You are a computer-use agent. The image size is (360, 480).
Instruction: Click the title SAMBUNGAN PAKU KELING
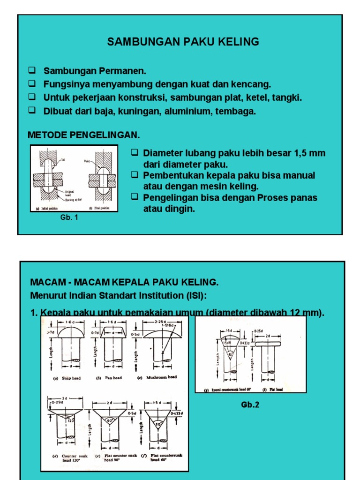coord(183,42)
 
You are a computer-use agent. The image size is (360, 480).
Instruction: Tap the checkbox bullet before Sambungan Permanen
coord(32,71)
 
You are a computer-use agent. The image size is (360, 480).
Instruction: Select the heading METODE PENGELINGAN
coord(84,135)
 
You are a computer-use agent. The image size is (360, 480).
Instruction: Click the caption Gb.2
coord(250,405)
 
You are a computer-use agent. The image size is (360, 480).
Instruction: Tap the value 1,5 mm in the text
coord(309,154)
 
